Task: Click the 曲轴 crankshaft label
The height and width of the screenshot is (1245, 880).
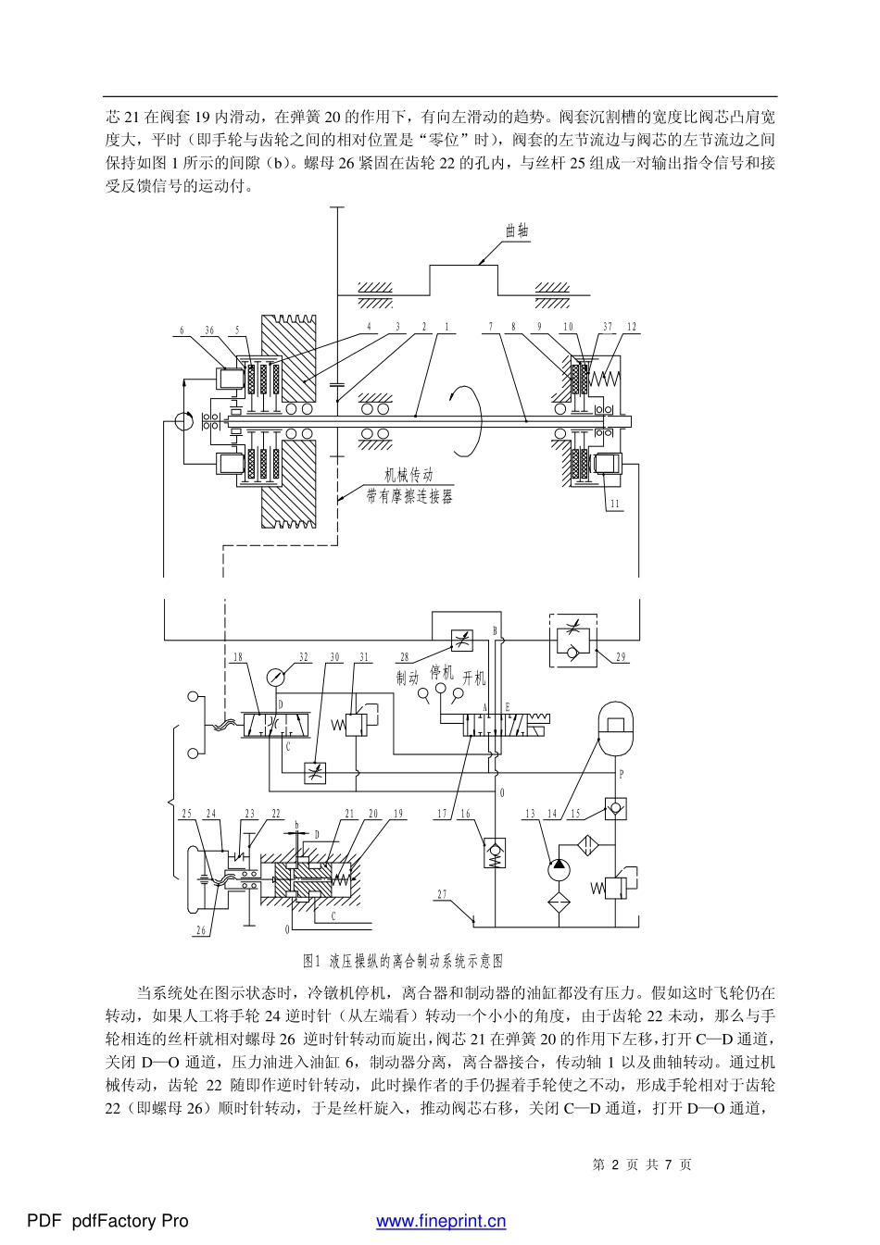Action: pyautogui.click(x=518, y=230)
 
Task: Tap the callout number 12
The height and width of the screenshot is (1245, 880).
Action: pyautogui.click(x=631, y=327)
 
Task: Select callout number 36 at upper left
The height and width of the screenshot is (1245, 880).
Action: pyautogui.click(x=209, y=330)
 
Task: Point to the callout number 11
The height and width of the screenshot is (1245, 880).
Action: pyautogui.click(x=614, y=504)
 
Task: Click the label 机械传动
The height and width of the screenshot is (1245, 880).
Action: pyautogui.click(x=409, y=475)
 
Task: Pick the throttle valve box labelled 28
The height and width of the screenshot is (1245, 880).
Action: pyautogui.click(x=461, y=640)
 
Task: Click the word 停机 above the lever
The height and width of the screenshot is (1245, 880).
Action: pyautogui.click(x=443, y=672)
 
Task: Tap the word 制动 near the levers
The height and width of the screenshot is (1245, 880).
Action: pyautogui.click(x=408, y=679)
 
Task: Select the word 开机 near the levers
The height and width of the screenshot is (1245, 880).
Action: pyautogui.click(x=474, y=679)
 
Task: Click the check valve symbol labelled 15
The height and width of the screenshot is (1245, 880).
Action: pyautogui.click(x=614, y=808)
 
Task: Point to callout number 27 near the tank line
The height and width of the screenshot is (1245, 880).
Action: pyautogui.click(x=443, y=894)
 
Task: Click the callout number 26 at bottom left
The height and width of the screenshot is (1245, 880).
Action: pyautogui.click(x=201, y=930)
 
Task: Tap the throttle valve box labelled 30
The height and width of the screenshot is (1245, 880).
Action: pyautogui.click(x=316, y=773)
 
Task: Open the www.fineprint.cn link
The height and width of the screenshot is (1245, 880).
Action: pyautogui.click(x=441, y=1221)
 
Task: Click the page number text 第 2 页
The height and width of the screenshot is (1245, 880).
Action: pyautogui.click(x=611, y=1164)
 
